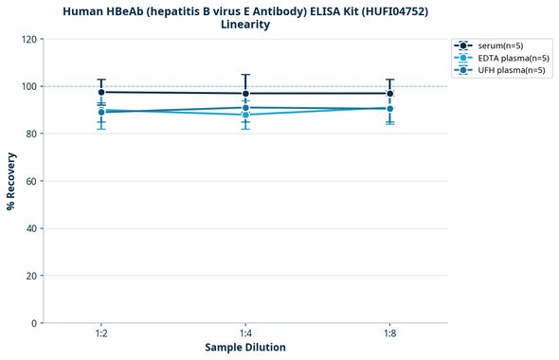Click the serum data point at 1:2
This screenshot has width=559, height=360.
[101, 92]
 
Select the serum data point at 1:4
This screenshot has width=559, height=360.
[245, 93]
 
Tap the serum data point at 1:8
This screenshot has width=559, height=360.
[389, 93]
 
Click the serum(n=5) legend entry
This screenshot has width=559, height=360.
[497, 45]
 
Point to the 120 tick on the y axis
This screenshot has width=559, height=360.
[29, 39]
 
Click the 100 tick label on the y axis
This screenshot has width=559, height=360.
[29, 86]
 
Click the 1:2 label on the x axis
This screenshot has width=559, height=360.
[101, 333]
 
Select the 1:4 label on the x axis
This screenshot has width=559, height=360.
[245, 333]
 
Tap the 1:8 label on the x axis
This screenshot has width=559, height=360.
[389, 333]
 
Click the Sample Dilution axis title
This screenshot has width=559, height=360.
[245, 348]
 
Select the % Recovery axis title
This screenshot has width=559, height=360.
[11, 181]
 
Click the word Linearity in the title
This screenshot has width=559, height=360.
[245, 25]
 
